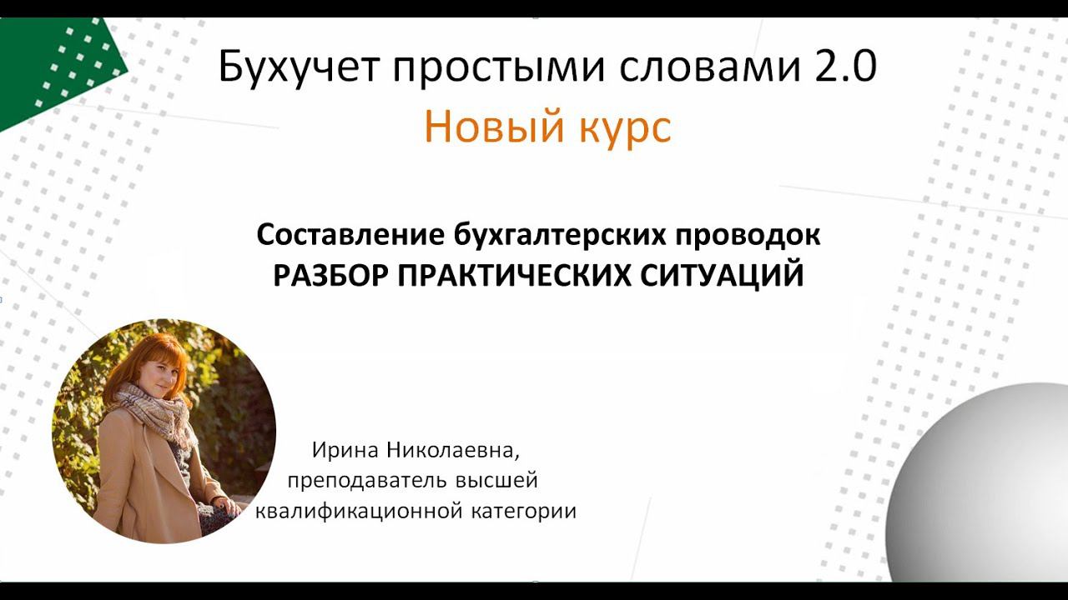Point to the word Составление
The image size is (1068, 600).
point(350,236)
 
